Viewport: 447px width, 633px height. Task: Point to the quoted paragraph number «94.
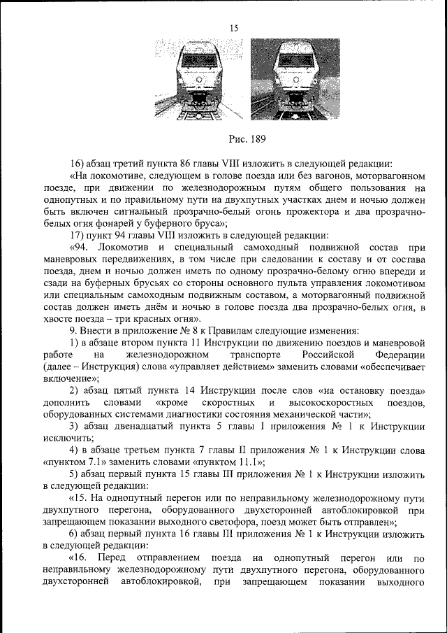pos(82,248)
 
